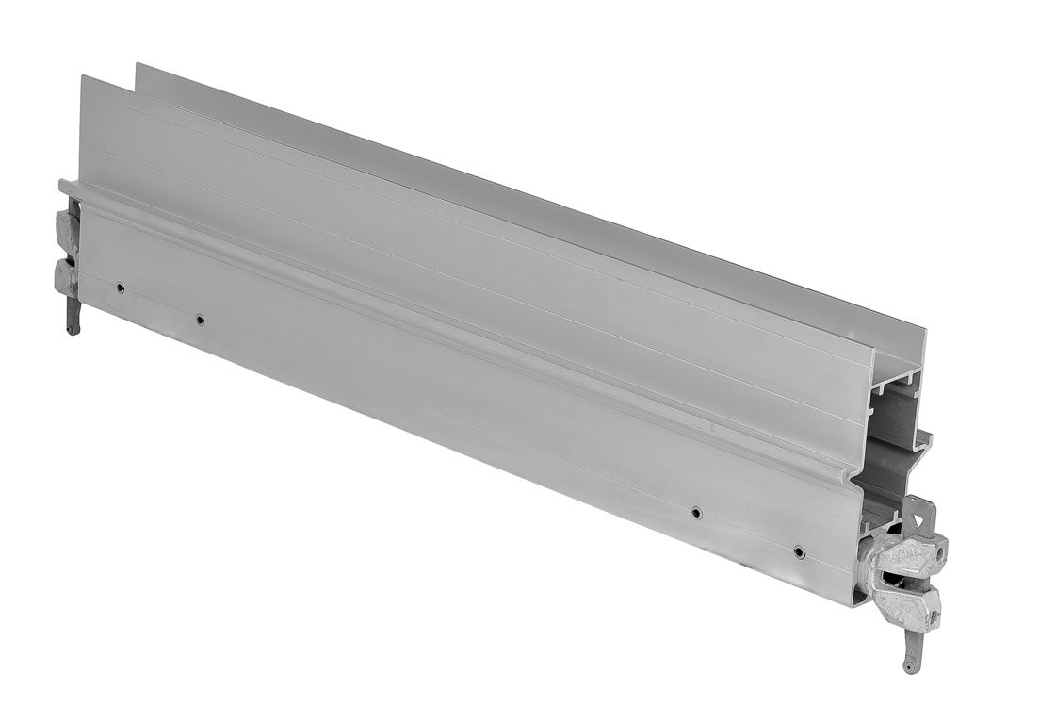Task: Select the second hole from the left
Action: (200, 320)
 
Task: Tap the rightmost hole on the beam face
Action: (799, 551)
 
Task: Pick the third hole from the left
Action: (695, 512)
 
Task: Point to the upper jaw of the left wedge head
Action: (67, 227)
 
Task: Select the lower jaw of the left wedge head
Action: (65, 275)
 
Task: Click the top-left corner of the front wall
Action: (81, 76)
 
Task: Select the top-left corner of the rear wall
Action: (138, 64)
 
